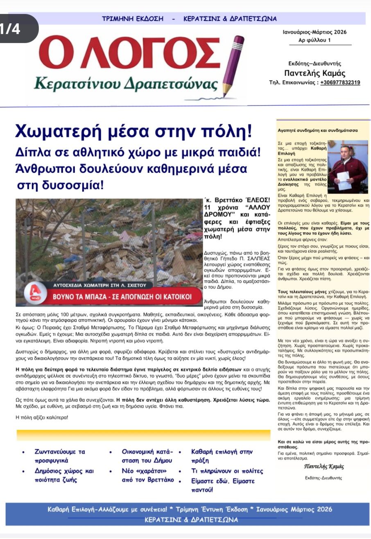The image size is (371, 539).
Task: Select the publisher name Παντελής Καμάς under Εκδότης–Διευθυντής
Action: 314,74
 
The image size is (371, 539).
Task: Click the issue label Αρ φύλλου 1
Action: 314,40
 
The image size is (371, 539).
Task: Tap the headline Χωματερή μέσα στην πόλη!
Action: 133,131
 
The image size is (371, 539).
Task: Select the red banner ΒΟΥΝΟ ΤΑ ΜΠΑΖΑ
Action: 122,296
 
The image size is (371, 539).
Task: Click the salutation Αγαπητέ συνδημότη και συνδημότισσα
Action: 317,131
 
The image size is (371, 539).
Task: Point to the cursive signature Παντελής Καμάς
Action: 324,467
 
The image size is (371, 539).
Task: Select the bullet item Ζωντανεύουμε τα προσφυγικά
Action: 60,456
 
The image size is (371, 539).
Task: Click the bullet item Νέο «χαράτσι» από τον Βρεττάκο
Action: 147,475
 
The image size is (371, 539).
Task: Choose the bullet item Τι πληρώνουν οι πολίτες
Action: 227,471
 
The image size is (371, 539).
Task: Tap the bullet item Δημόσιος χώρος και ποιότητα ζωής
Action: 64,475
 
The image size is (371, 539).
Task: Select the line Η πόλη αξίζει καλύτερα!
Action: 42,417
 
